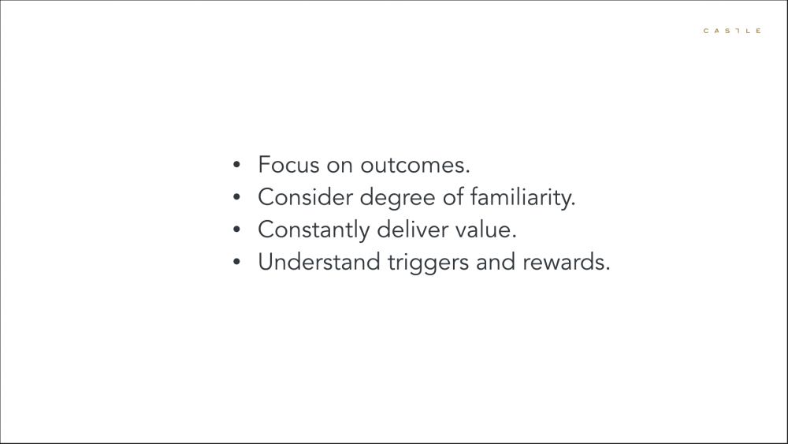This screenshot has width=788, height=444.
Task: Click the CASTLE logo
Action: (732, 31)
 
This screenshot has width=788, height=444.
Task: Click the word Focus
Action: (288, 165)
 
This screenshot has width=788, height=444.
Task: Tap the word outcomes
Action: (415, 166)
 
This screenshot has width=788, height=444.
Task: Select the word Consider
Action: (306, 197)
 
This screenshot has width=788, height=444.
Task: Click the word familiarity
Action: (522, 198)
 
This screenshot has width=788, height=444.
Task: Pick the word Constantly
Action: (314, 230)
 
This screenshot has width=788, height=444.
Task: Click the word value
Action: (485, 229)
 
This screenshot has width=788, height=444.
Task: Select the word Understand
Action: (319, 262)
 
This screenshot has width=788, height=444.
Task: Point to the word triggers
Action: (428, 263)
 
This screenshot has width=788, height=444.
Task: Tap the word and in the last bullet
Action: (496, 262)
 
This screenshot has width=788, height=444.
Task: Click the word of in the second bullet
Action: (453, 196)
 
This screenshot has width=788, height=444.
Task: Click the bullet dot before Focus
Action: (236, 164)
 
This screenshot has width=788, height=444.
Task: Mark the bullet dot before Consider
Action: (236, 197)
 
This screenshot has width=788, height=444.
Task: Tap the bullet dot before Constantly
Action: (236, 229)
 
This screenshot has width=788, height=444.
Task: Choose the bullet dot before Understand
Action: (236, 262)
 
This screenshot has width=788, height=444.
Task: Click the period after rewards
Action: (608, 269)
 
